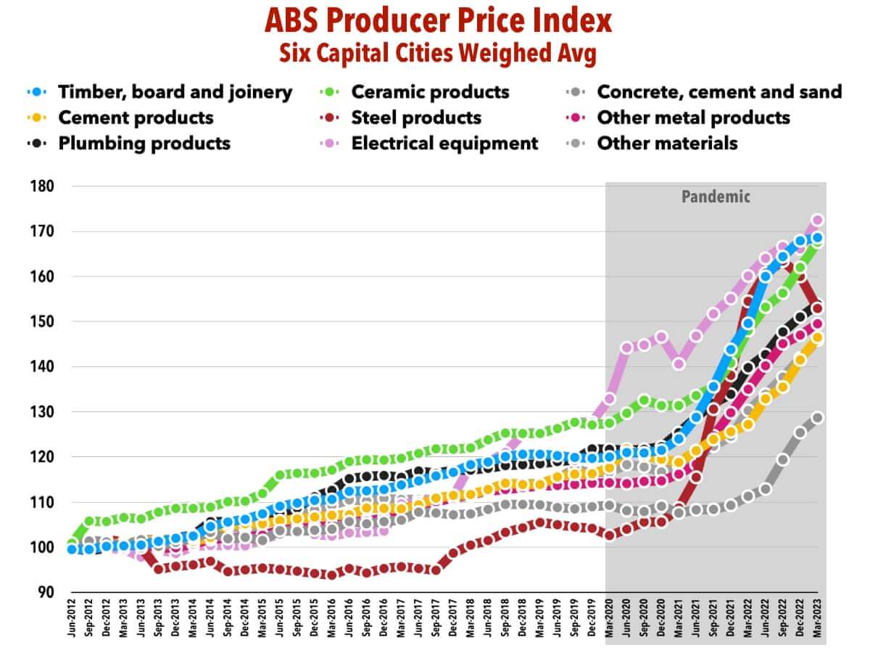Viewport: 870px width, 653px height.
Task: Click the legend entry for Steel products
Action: coord(415,118)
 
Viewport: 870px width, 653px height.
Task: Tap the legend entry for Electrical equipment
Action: coord(444,143)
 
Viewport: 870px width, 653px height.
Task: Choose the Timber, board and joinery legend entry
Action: coord(175,92)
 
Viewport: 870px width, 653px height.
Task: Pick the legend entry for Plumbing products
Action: coord(144,143)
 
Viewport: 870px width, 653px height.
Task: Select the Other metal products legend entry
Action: coord(692,118)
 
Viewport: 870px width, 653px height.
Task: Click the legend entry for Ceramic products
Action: coord(430,92)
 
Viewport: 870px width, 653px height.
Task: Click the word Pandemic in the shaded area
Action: coord(716,196)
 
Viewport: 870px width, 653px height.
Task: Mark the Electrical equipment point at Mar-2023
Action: coord(818,221)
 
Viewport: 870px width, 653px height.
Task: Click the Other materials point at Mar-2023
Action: coord(818,418)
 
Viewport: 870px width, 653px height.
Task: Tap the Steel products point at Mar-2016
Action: coord(332,574)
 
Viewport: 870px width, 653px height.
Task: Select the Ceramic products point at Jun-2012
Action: coord(72,543)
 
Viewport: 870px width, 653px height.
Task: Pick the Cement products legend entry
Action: coord(136,118)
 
